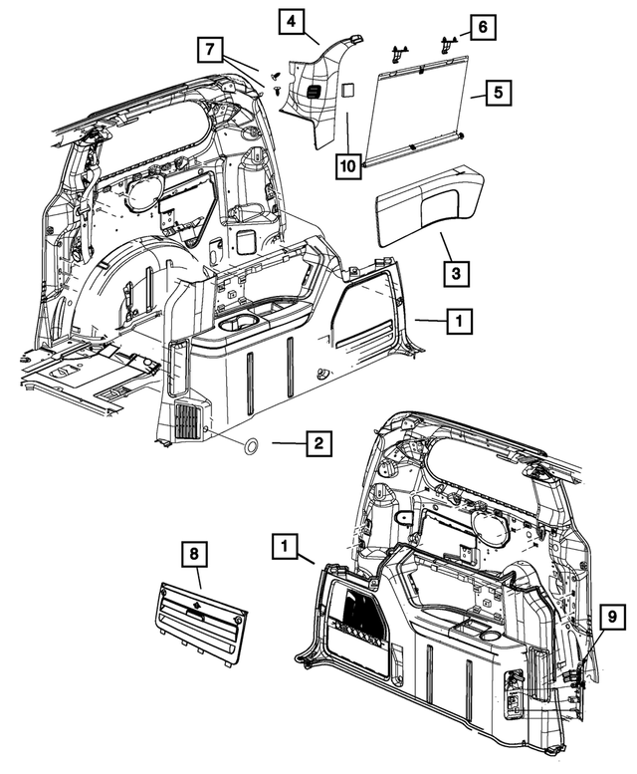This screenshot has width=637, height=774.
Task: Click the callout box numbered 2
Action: pyautogui.click(x=318, y=444)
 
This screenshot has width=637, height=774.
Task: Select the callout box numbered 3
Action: pyautogui.click(x=453, y=271)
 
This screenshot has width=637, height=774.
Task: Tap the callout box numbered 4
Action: pyautogui.click(x=292, y=21)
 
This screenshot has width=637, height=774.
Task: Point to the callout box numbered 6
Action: pyautogui.click(x=480, y=28)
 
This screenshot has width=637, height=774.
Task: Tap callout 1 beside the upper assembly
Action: pyautogui.click(x=459, y=321)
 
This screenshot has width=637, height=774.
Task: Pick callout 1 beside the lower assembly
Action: pyautogui.click(x=286, y=545)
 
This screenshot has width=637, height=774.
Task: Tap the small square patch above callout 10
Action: pyautogui.click(x=347, y=90)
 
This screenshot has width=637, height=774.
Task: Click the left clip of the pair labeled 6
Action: pyautogui.click(x=400, y=47)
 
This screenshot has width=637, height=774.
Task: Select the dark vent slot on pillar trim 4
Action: pyautogui.click(x=313, y=92)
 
